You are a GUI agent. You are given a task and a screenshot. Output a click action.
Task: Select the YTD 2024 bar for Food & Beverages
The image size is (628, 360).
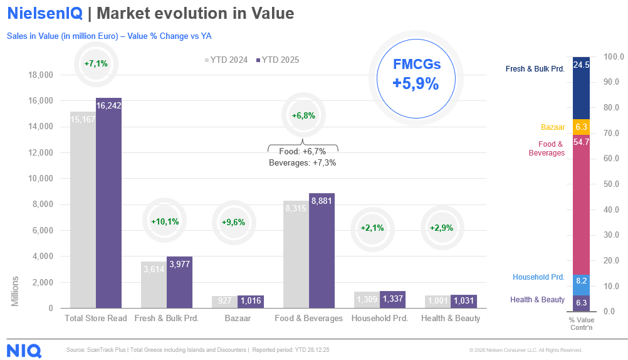[296, 254]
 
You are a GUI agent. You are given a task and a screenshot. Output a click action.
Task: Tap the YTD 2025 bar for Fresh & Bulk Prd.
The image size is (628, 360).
[179, 282]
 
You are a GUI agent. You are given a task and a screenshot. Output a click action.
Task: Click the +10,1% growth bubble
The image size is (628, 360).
[165, 221]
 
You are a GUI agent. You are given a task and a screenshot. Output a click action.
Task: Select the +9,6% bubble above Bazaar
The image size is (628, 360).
[233, 222]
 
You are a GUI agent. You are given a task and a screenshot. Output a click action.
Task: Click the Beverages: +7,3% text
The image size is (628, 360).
[303, 162]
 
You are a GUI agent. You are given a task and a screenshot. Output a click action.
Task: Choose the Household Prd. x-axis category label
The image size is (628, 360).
[380, 318]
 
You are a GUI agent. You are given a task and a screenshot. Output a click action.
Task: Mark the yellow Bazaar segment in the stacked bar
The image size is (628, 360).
[581, 127]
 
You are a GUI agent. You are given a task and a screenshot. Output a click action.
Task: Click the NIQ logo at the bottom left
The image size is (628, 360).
[24, 350]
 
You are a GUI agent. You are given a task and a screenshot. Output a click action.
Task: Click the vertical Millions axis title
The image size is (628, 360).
[15, 291]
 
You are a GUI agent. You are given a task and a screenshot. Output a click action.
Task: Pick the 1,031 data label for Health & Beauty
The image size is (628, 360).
[464, 300]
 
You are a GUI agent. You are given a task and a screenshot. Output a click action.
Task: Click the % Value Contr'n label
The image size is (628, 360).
[581, 324]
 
